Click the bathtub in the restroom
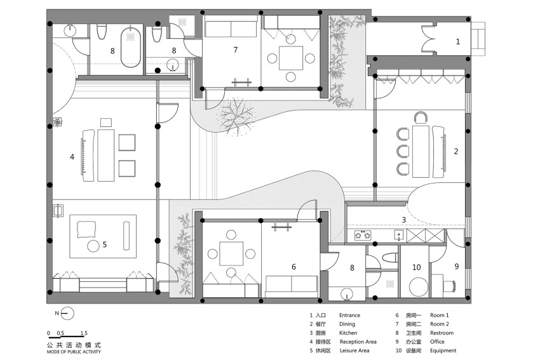[130, 47]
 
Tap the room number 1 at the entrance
[457, 42]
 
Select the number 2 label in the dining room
[456, 152]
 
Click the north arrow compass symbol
[69, 313]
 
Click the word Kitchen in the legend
[348, 333]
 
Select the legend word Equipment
[443, 350]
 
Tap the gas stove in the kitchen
[363, 236]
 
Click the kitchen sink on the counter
[399, 236]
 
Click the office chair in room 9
[449, 286]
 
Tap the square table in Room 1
[231, 254]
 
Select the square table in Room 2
[291, 58]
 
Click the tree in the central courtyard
[236, 116]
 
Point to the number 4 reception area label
[72, 157]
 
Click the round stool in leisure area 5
[93, 246]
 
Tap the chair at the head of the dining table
[420, 117]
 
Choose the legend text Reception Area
[358, 342]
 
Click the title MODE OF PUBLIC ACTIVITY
[74, 352]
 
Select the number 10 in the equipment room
[416, 267]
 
